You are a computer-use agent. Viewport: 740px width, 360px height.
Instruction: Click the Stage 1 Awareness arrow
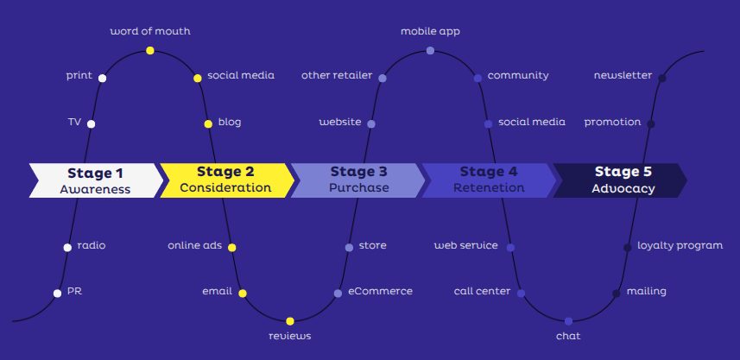(95, 180)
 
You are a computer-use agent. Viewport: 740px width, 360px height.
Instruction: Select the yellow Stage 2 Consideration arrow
(225, 180)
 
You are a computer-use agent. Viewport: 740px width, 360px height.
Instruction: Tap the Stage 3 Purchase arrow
(357, 180)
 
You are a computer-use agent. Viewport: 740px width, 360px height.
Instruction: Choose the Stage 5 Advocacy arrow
(622, 180)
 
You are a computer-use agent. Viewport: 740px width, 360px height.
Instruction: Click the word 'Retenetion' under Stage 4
(489, 188)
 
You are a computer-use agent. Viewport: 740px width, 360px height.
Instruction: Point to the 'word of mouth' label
(150, 31)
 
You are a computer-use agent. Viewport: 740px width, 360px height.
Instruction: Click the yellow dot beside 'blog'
(208, 123)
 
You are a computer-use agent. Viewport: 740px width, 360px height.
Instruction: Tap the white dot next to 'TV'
(91, 123)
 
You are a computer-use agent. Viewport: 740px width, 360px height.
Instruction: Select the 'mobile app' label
(430, 31)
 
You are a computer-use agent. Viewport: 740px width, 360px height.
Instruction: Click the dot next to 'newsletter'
(662, 78)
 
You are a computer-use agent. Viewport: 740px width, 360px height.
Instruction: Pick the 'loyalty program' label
(680, 245)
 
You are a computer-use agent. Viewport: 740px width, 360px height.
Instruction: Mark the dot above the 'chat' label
(568, 320)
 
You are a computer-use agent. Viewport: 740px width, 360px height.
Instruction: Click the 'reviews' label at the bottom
(289, 335)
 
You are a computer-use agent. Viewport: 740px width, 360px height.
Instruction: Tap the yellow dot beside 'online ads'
(231, 247)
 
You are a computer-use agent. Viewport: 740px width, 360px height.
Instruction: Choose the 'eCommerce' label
(380, 291)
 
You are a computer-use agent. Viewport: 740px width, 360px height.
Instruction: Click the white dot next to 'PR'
(58, 293)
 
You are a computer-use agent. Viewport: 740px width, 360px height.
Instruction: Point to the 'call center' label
(482, 291)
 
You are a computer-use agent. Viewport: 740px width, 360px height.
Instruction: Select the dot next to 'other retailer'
(382, 78)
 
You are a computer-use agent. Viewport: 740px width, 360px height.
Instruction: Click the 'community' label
(517, 75)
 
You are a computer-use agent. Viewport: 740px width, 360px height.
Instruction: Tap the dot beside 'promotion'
(651, 123)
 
